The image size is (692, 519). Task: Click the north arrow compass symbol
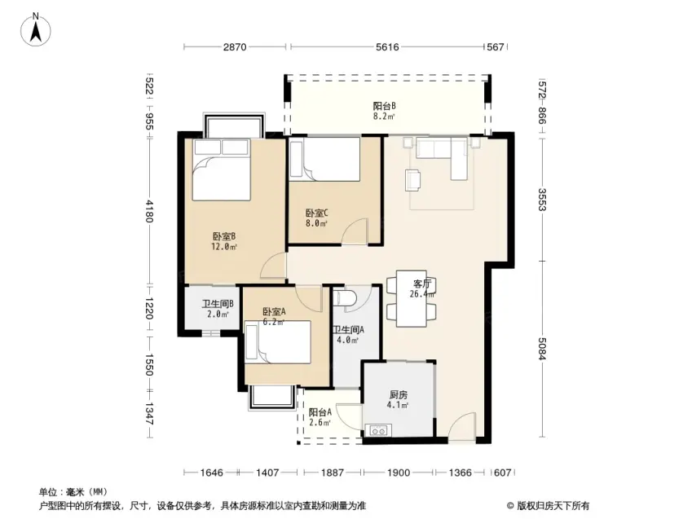36,29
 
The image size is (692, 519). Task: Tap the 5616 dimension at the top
387,46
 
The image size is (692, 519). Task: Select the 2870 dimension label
235,46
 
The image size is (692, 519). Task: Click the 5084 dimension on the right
542,349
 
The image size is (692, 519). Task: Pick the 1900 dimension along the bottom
399,473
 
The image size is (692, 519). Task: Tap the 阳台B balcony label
385,111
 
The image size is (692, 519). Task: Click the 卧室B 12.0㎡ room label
224,241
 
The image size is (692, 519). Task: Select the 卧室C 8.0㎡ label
316,218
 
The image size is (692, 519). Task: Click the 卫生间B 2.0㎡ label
218,309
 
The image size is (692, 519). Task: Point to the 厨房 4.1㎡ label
398,400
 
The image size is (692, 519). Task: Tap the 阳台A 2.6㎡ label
320,417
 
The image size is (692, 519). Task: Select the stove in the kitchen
379,430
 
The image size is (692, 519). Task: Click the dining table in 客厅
412,299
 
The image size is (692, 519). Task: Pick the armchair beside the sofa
412,180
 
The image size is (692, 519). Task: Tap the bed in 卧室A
278,342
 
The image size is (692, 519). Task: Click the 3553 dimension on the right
542,200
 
